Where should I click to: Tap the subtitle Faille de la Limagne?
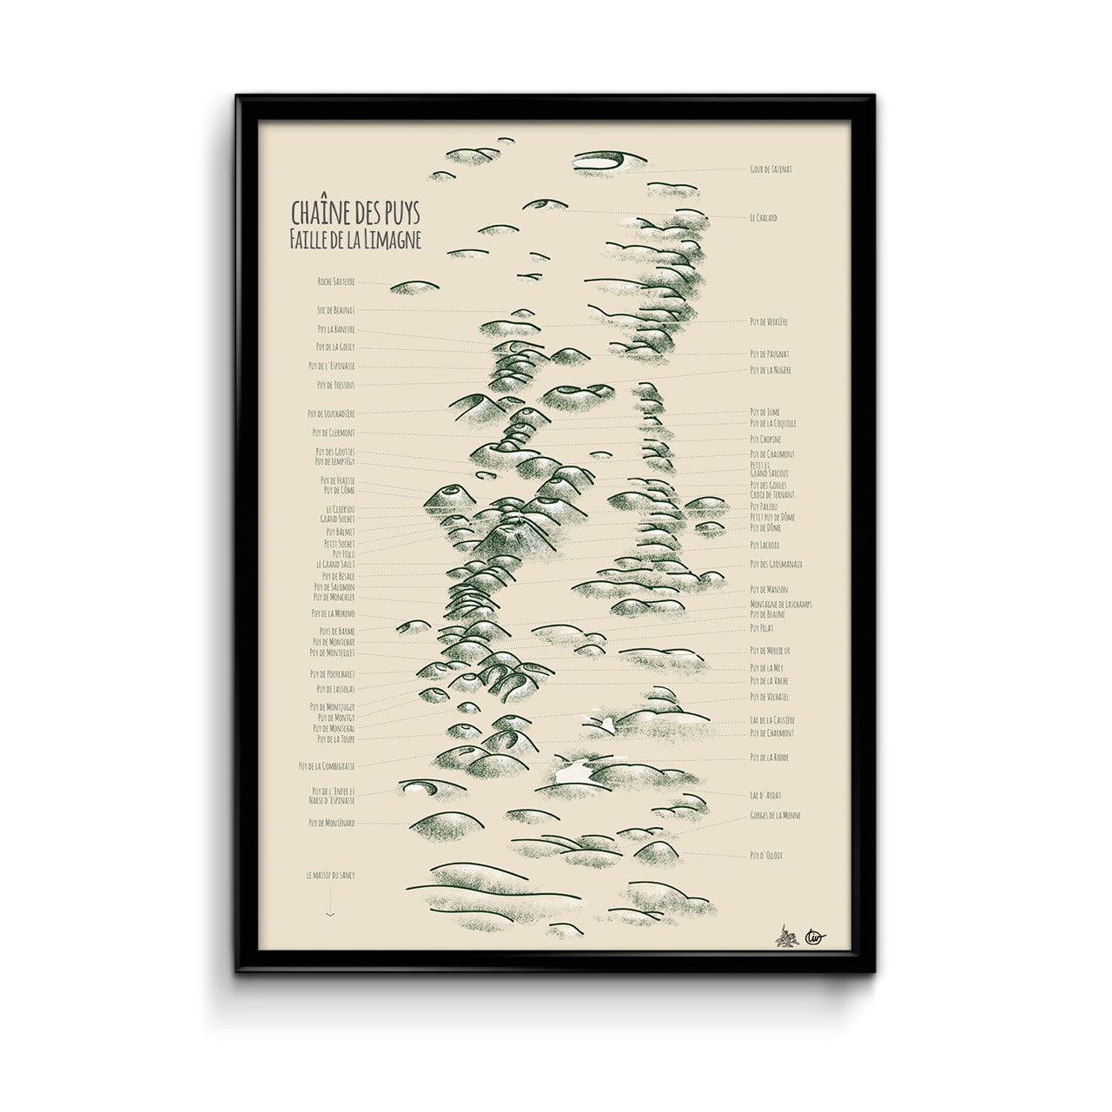pyautogui.click(x=355, y=242)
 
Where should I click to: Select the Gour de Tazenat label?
pyautogui.click(x=771, y=169)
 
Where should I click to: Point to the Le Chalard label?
pyautogui.click(x=764, y=218)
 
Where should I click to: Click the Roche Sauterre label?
pyautogui.click(x=336, y=281)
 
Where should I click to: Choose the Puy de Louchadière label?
pyautogui.click(x=331, y=414)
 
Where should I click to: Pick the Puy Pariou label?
pyautogui.click(x=764, y=506)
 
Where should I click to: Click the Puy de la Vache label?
pyautogui.click(x=769, y=680)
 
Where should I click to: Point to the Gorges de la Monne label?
pyautogui.click(x=775, y=816)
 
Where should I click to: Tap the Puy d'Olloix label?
pyautogui.click(x=766, y=856)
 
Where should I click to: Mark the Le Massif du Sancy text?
pyautogui.click(x=331, y=877)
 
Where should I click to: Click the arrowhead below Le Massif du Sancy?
pyautogui.click(x=331, y=914)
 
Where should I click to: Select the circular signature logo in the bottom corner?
pyautogui.click(x=814, y=936)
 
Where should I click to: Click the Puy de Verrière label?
pyautogui.click(x=769, y=322)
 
